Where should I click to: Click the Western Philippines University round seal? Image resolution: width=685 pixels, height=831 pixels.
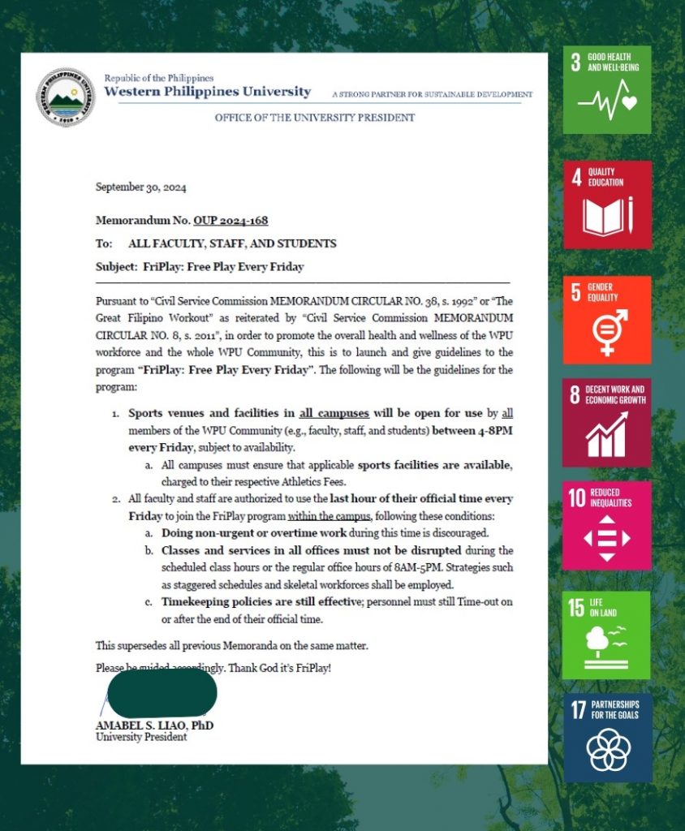[66, 97]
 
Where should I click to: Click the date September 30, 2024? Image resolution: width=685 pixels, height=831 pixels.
[141, 187]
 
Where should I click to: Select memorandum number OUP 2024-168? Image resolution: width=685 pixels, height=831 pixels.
[230, 220]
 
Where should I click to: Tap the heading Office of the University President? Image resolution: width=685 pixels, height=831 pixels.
[314, 118]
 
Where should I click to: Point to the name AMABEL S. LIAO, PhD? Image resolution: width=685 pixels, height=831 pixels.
[154, 725]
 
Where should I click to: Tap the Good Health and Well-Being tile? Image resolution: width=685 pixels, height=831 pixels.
[607, 89]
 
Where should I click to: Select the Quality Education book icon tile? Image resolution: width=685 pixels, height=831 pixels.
[607, 205]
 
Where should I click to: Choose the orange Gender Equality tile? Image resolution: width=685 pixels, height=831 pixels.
[607, 320]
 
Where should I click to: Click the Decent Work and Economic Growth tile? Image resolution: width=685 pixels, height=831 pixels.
[607, 422]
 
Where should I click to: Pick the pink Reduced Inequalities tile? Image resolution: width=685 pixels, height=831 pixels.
[607, 525]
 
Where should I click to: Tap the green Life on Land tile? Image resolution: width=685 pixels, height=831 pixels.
[607, 635]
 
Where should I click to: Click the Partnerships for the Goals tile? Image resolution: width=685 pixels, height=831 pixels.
[607, 737]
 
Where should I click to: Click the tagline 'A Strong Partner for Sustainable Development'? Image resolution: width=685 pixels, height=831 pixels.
[433, 95]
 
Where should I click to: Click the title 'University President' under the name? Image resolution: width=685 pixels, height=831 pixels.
[141, 737]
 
